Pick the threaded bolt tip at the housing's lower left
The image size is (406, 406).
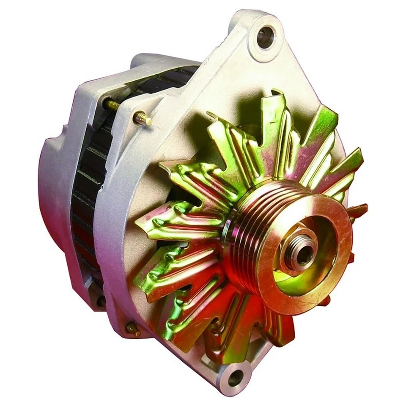[134, 328]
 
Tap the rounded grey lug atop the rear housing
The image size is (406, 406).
[144, 61]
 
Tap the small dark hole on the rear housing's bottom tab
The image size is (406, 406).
[101, 301]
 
